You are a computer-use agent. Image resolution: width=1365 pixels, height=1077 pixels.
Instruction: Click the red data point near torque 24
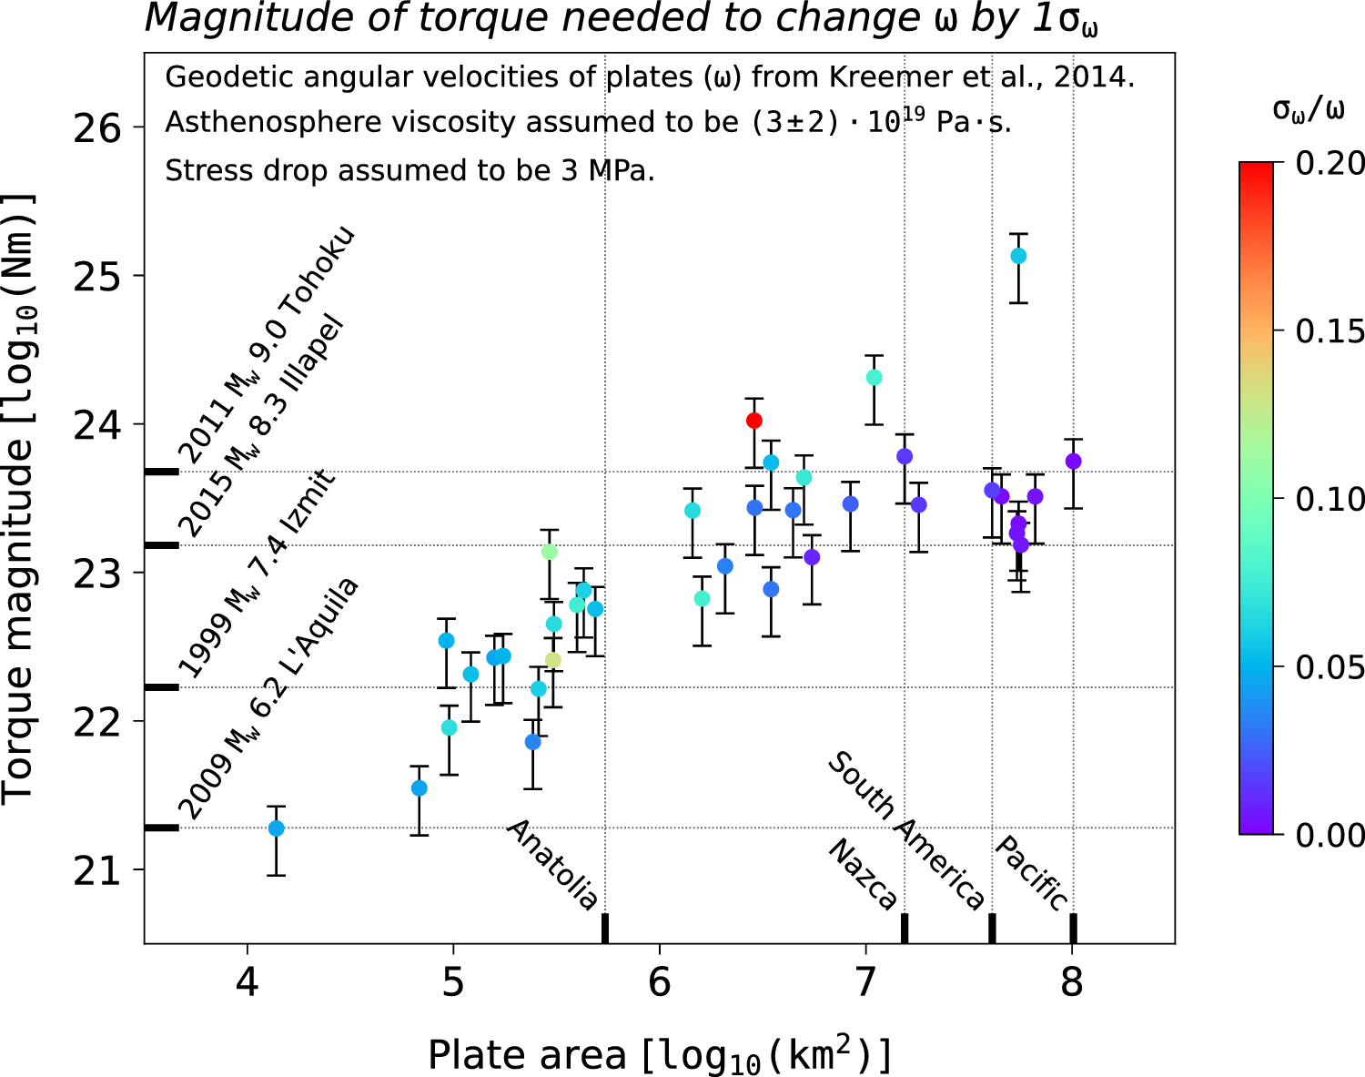point(753,420)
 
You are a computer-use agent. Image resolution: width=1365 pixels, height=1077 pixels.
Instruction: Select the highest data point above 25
point(1018,256)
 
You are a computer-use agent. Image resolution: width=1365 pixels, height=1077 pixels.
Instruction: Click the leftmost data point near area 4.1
point(277,828)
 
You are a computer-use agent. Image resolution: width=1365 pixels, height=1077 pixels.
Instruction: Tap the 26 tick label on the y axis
point(97,127)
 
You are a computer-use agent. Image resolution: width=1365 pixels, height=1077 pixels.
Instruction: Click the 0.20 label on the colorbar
point(1330,163)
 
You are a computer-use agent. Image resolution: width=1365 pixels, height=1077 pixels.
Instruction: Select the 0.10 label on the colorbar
point(1330,499)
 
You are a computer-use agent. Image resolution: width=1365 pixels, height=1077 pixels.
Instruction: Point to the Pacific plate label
point(1032,872)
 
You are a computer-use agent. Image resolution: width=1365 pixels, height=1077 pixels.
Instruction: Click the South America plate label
point(906,830)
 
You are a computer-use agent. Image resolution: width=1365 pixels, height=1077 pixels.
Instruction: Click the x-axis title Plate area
point(660,1055)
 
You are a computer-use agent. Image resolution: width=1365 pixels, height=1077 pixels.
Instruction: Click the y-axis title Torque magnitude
point(18,498)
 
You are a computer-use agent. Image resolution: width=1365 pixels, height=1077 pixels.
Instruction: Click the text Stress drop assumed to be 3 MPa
point(409,170)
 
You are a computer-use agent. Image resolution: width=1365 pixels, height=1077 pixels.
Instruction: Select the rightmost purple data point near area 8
point(1073,461)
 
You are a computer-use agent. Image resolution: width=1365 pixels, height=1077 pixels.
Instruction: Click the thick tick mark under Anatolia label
point(605,928)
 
